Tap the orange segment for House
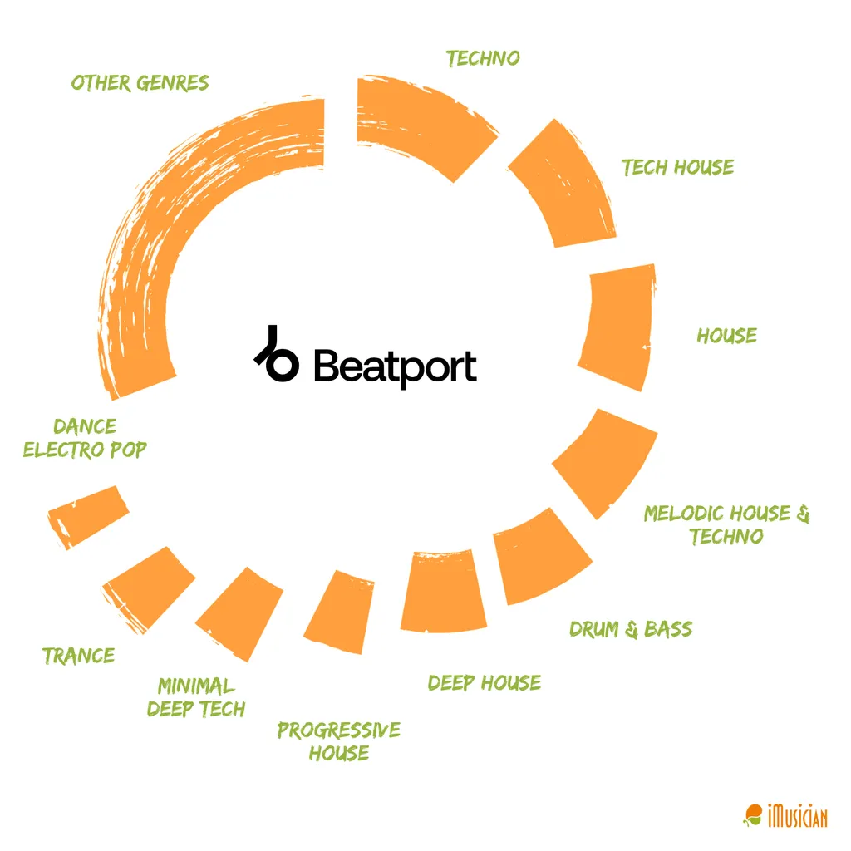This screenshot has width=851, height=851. pos(615,327)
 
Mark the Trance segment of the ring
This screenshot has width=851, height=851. pos(148,587)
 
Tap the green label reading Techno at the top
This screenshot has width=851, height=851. pos(483,58)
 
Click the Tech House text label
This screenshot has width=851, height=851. pos(678,167)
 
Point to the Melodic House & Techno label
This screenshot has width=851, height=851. pos(726,524)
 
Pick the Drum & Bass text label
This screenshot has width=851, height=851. pos(631,629)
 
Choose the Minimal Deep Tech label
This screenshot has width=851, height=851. pos(197,697)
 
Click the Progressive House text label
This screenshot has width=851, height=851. pos(339,741)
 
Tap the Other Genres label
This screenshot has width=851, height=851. pos(140,83)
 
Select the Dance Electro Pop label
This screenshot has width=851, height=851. pos(85,438)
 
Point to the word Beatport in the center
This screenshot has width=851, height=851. pos(395,366)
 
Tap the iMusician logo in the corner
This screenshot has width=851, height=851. pos(785,815)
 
